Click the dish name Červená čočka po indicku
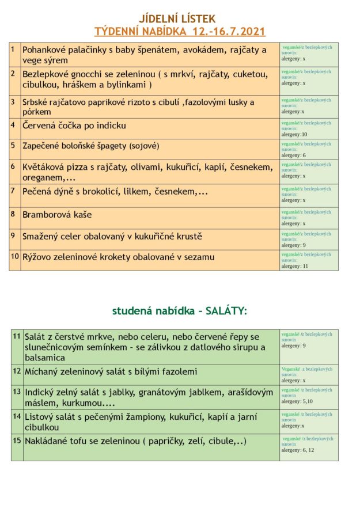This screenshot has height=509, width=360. coord(74,126)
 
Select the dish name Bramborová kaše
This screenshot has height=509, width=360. coord(57,215)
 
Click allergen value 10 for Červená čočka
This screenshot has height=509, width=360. coord(305,134)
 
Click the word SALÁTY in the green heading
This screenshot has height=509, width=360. coord(226,311)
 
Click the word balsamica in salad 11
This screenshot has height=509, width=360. coord(45,358)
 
